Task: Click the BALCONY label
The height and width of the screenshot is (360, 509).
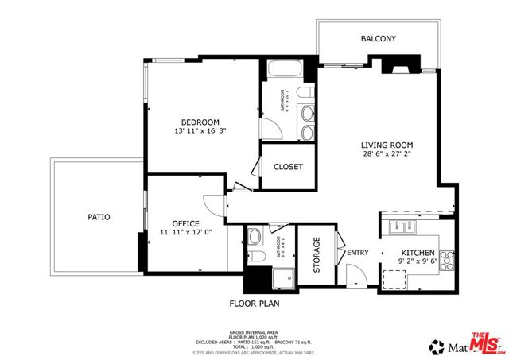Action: (x=378, y=38)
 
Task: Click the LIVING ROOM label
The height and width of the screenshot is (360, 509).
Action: (x=387, y=145)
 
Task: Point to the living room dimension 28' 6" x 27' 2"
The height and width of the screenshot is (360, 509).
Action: (x=387, y=155)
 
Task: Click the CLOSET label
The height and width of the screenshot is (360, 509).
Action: (x=287, y=167)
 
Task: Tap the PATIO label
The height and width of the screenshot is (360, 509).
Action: (x=99, y=216)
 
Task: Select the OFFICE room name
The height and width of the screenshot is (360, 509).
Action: (x=186, y=223)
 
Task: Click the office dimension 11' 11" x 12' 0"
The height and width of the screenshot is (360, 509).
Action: (x=186, y=234)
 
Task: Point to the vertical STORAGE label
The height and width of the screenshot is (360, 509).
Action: (x=316, y=255)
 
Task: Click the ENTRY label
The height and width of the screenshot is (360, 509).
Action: (x=358, y=253)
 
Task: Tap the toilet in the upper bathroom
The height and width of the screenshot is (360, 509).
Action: (x=303, y=95)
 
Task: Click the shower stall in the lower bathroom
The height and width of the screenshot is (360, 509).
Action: (x=281, y=278)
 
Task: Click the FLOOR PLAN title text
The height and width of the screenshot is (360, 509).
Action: (x=254, y=303)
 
